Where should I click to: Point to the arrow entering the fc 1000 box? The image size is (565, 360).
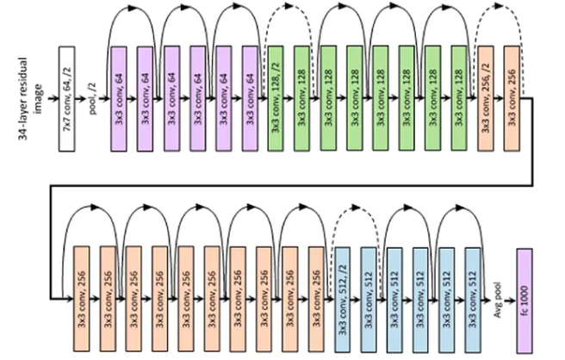coord(507,297)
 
